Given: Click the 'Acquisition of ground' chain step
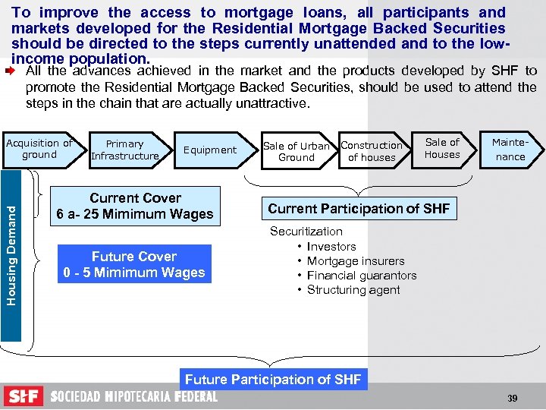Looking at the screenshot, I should (x=39, y=149).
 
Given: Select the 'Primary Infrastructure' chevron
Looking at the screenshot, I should (x=125, y=150).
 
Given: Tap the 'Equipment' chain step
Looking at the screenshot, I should (x=210, y=150).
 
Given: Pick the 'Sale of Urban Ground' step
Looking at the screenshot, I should (x=296, y=152).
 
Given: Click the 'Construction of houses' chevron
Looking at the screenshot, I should (x=372, y=151).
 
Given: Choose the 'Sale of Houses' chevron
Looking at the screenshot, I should (x=443, y=148).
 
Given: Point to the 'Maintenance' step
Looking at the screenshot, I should (x=510, y=149).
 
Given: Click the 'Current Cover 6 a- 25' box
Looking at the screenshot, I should (x=135, y=206).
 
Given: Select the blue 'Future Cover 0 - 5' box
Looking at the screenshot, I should (x=134, y=264).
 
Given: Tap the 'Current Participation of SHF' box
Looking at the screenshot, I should (x=359, y=208).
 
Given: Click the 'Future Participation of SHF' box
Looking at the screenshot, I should (x=273, y=379).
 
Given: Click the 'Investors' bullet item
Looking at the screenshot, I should (x=331, y=247).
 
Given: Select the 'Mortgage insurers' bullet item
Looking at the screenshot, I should (x=356, y=261).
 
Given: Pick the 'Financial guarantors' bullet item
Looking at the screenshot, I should (x=362, y=276).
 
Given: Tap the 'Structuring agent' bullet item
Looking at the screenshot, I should (x=353, y=290).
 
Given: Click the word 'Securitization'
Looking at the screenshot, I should (x=306, y=232).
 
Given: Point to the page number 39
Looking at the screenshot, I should (x=512, y=399).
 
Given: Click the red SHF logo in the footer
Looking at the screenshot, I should (x=24, y=396).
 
